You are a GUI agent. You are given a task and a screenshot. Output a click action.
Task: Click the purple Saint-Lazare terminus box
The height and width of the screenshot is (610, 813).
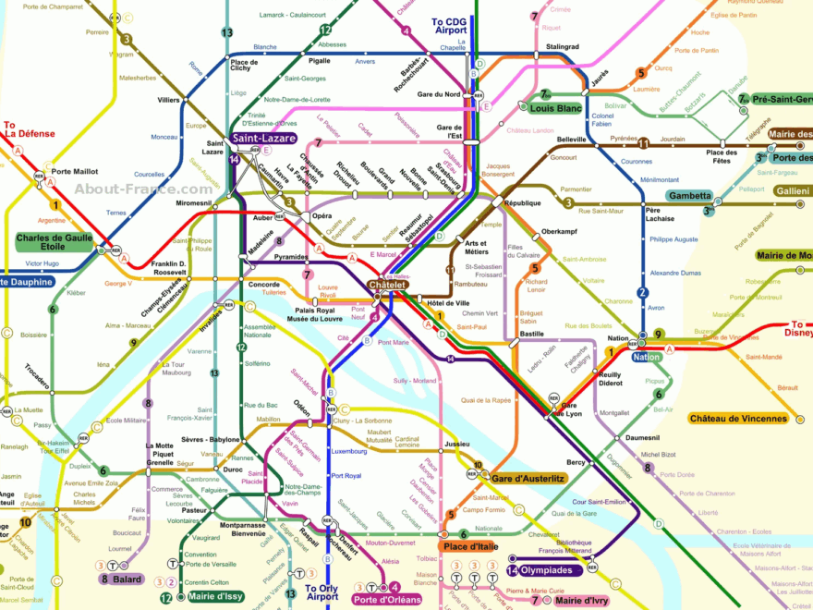[264, 139]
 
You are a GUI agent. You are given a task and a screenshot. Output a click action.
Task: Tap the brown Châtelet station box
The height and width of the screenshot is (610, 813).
[388, 286]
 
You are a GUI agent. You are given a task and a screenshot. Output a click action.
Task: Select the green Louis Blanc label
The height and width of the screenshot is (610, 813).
[555, 108]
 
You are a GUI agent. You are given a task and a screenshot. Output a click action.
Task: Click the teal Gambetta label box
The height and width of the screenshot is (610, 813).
[689, 196]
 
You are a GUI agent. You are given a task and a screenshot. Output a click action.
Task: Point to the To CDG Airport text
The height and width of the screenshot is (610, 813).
[449, 26]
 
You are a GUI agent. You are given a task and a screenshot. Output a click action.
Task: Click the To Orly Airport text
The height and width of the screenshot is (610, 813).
[322, 592]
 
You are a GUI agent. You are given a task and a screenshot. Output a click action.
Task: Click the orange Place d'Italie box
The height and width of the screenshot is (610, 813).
[470, 547]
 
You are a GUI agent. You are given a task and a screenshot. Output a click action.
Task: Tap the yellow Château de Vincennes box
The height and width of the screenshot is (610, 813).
[739, 419]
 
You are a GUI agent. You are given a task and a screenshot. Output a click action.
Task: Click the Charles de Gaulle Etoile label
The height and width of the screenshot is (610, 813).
[55, 243]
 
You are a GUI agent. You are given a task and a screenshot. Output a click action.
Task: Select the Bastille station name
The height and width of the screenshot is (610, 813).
[531, 333]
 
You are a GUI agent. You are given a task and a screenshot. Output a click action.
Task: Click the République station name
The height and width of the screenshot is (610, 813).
[523, 202]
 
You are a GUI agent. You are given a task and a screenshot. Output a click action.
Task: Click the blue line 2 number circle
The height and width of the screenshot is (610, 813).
[643, 293]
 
